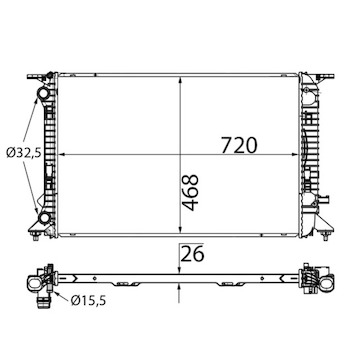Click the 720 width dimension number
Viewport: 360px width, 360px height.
pyautogui.click(x=239, y=146)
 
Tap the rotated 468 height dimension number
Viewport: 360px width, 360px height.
pyautogui.click(x=191, y=192)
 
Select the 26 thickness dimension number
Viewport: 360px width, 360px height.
pyautogui.click(x=192, y=254)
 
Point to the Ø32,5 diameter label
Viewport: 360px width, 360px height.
pyautogui.click(x=23, y=153)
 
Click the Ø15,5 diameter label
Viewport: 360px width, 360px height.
pyautogui.click(x=88, y=301)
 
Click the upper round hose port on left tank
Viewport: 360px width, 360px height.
pyautogui.click(x=43, y=93)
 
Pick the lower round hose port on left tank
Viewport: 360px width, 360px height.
pyautogui.click(x=44, y=219)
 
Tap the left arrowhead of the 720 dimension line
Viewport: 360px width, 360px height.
pyautogui.click(x=61, y=154)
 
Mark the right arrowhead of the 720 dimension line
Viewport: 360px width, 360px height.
pyautogui.click(x=294, y=154)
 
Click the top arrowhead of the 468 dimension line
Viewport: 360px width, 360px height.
pyautogui.click(x=180, y=80)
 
